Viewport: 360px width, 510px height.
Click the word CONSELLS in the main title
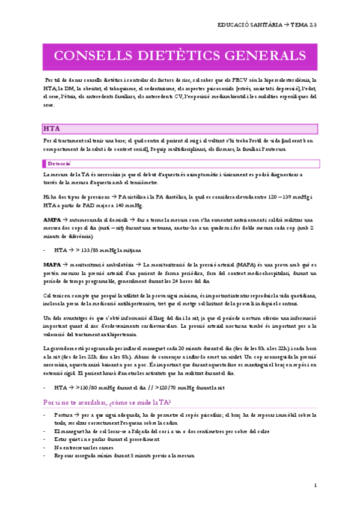point(92,56)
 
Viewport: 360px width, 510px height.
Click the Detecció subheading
point(59,163)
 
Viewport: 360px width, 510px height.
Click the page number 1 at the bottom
point(315,485)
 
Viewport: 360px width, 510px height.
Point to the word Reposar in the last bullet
point(64,455)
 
